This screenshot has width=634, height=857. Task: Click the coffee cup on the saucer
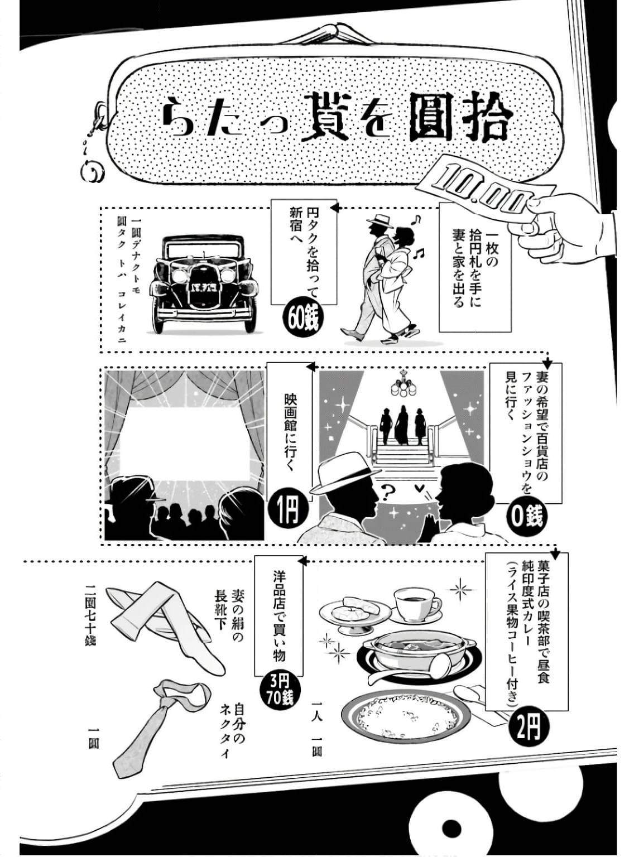(x=416, y=604)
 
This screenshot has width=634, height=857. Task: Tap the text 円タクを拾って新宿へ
(x=304, y=251)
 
